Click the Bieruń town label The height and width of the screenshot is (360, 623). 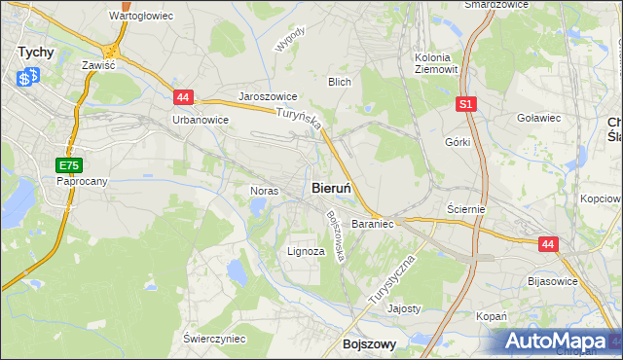coord(337,188)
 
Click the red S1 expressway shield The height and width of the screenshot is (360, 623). coord(467,103)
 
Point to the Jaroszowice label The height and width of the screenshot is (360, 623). coord(268,98)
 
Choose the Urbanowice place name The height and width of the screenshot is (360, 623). coord(200,120)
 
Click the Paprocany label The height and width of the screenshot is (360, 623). coord(81,182)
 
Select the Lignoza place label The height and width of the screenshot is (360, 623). coord(306,251)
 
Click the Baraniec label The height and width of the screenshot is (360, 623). coord(372,224)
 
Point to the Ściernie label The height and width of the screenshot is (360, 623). coord(465,209)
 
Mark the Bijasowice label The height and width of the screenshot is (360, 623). coord(552,281)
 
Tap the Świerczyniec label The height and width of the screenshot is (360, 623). coord(214,338)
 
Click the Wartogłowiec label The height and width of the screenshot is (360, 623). coord(141,17)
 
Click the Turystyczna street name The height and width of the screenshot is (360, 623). coord(393,281)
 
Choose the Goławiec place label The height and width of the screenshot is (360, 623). coord(539,118)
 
